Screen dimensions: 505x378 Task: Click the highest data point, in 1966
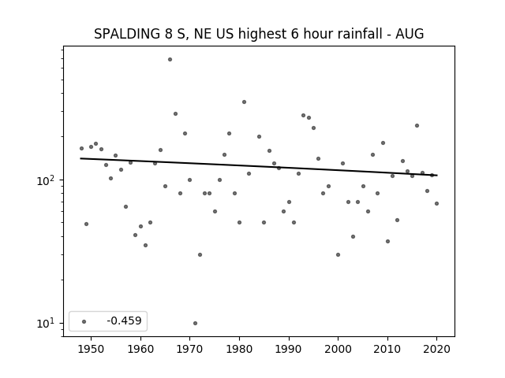pos(170,60)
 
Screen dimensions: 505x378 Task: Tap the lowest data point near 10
pos(195,324)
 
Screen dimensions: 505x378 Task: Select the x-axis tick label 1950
pos(91,349)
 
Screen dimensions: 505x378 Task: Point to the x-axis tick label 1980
pos(239,349)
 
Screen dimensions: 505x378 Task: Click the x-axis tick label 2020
pos(436,349)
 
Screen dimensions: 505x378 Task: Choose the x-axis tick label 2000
pos(339,349)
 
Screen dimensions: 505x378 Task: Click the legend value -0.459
pos(124,321)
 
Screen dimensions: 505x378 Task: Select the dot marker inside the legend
pos(84,322)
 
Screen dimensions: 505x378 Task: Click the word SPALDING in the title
pos(127,34)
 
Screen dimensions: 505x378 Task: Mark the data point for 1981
pos(244,102)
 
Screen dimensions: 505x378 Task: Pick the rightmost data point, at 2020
pos(436,203)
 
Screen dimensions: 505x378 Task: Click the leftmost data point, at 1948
pos(81,149)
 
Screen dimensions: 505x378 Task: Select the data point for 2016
pos(417,126)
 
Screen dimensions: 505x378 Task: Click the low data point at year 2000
pos(339,255)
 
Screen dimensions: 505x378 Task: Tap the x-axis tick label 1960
pos(140,349)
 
